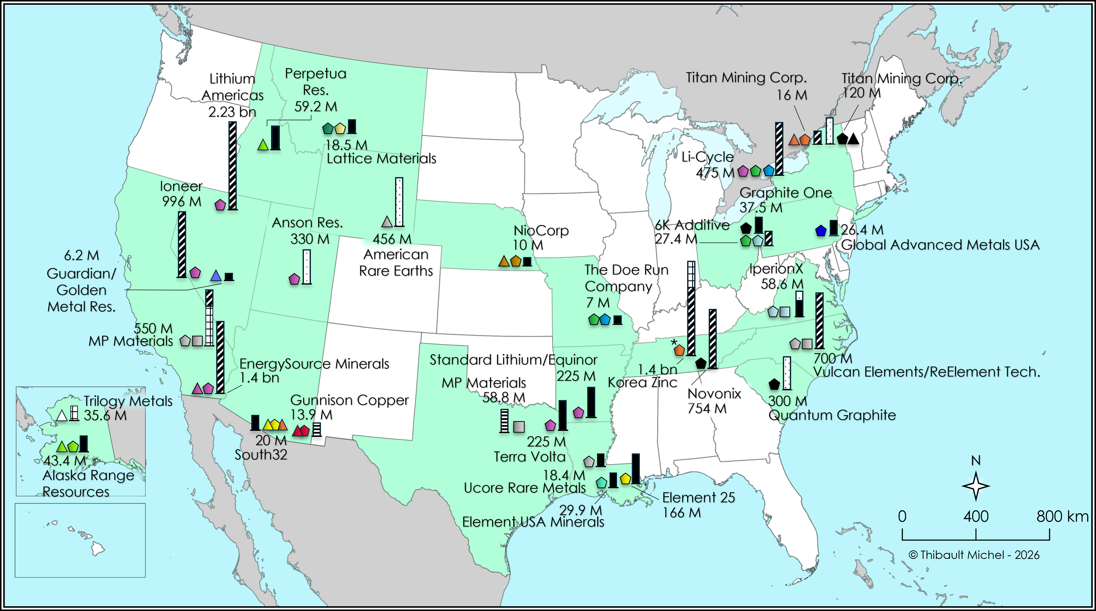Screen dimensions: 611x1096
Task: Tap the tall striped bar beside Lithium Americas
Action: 232,166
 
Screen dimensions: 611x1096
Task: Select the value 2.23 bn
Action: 232,112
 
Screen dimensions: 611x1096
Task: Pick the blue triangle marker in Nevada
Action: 216,276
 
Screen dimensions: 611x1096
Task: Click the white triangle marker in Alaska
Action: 62,416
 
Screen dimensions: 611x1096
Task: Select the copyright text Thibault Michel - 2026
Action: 974,555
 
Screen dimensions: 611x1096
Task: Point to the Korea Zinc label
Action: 642,382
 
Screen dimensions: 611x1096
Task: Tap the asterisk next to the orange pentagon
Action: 674,342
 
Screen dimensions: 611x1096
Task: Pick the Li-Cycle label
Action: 707,157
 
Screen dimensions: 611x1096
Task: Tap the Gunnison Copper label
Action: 349,400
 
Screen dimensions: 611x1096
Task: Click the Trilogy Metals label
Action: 128,401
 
